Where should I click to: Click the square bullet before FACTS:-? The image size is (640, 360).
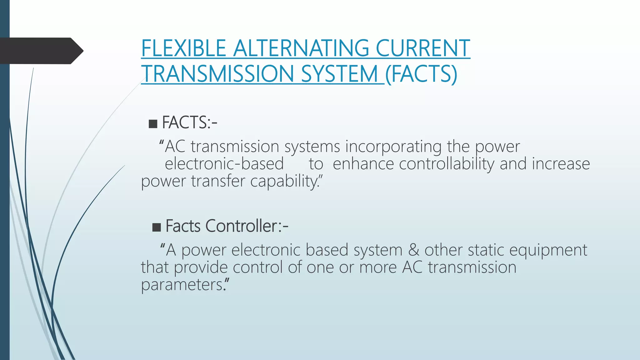(153, 123)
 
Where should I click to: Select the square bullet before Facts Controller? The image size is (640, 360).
(156, 227)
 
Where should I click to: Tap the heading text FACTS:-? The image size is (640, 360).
(189, 122)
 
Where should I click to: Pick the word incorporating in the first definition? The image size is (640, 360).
(393, 146)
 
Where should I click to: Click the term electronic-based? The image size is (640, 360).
(224, 164)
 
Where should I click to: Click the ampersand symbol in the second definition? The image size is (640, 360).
(413, 250)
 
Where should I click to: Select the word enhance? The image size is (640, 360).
(363, 164)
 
